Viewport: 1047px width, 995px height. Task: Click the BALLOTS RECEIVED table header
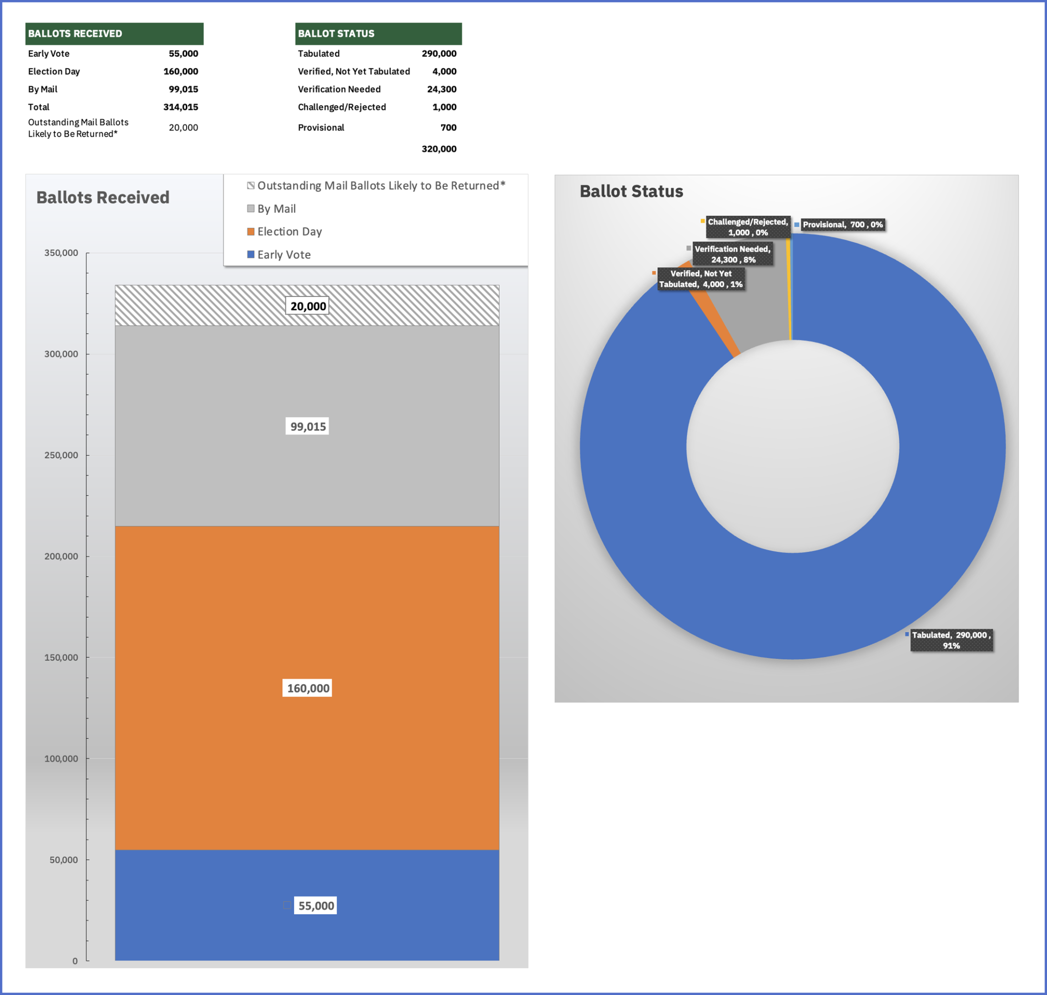(x=114, y=33)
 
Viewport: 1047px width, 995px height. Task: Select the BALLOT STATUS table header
(x=378, y=33)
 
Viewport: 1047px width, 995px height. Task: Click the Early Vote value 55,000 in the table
(x=183, y=53)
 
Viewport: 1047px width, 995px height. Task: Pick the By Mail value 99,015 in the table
(x=183, y=89)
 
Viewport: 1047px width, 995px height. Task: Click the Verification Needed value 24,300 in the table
(x=441, y=89)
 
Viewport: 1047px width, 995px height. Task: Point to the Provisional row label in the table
(x=321, y=128)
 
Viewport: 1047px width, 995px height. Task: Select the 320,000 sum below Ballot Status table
(x=438, y=149)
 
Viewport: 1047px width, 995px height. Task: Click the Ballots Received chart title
(x=103, y=197)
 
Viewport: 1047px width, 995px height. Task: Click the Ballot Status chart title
(x=631, y=192)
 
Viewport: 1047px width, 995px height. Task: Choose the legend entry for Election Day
(x=289, y=232)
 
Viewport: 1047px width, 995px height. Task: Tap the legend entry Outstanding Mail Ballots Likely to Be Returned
(x=381, y=186)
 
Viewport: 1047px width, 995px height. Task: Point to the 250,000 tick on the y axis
(x=61, y=455)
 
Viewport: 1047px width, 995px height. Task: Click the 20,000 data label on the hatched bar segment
(x=307, y=306)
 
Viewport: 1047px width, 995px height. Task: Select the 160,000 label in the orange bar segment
(x=307, y=688)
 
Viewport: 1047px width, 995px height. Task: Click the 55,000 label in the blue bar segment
(x=315, y=905)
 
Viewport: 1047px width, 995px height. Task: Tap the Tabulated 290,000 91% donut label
(x=951, y=640)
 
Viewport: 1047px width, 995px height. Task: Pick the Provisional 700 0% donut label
(x=842, y=225)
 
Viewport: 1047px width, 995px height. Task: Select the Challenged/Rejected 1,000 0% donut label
(x=747, y=227)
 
